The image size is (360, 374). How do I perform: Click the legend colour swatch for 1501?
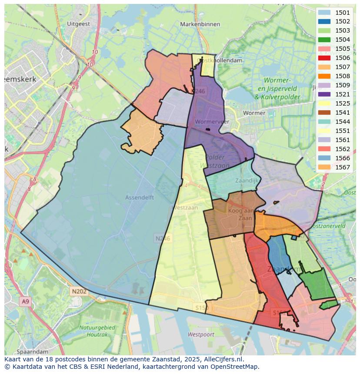(324, 13)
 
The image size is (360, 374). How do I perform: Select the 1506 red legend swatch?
(324, 58)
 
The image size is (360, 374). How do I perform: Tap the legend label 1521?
(343, 94)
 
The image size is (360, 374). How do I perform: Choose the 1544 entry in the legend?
(343, 122)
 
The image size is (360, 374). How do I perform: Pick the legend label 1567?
(343, 167)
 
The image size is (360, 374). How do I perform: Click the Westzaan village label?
(185, 208)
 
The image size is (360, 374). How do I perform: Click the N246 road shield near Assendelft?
(163, 238)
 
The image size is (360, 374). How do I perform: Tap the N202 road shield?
(80, 291)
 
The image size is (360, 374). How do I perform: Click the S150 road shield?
(201, 308)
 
